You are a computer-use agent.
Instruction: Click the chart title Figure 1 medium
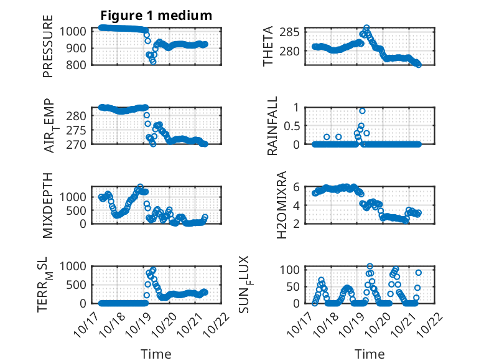pyautogui.click(x=156, y=15)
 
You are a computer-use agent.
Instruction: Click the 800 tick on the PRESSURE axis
pyautogui.click(x=80, y=64)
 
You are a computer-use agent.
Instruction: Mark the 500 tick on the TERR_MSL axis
pyautogui.click(x=80, y=285)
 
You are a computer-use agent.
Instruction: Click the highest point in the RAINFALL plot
pyautogui.click(x=362, y=111)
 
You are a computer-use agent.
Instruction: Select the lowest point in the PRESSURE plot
pyautogui.click(x=153, y=61)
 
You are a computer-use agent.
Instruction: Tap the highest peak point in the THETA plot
pyautogui.click(x=366, y=28)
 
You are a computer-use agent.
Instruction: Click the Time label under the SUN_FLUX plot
pyautogui.click(x=370, y=354)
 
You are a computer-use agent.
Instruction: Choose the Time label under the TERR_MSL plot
pyautogui.click(x=156, y=354)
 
